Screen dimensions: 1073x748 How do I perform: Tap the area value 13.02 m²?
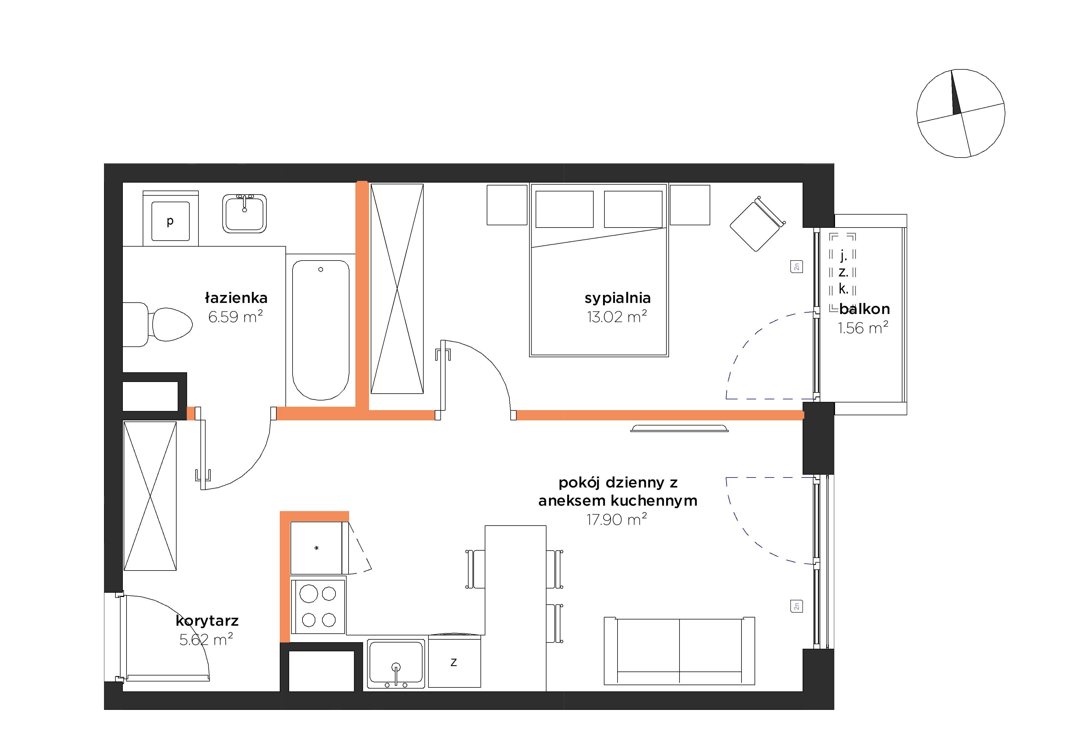point(617,317)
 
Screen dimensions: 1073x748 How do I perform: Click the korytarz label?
point(207,621)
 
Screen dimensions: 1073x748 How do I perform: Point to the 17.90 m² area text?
point(617,519)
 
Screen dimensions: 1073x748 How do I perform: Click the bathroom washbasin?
point(245,213)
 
